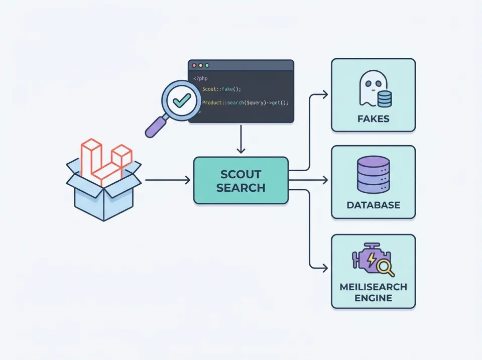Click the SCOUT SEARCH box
coord(241,180)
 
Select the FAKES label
coord(373,119)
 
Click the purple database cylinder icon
coord(373,175)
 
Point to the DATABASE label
coord(373,205)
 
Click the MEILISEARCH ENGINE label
coord(373,292)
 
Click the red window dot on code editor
coord(194,66)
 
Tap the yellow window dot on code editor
coord(200,66)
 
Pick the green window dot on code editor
coord(207,66)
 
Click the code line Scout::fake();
coord(221,89)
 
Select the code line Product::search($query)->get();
coord(245,102)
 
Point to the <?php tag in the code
coord(200,78)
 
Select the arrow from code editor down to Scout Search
coord(241,139)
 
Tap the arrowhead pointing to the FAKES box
coord(325,93)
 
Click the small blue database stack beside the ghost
coord(384,98)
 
